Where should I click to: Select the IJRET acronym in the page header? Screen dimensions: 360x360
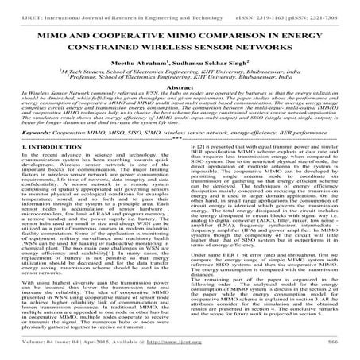tap(17, 7)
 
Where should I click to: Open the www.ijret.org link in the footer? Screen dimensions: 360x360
tap(198, 352)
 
